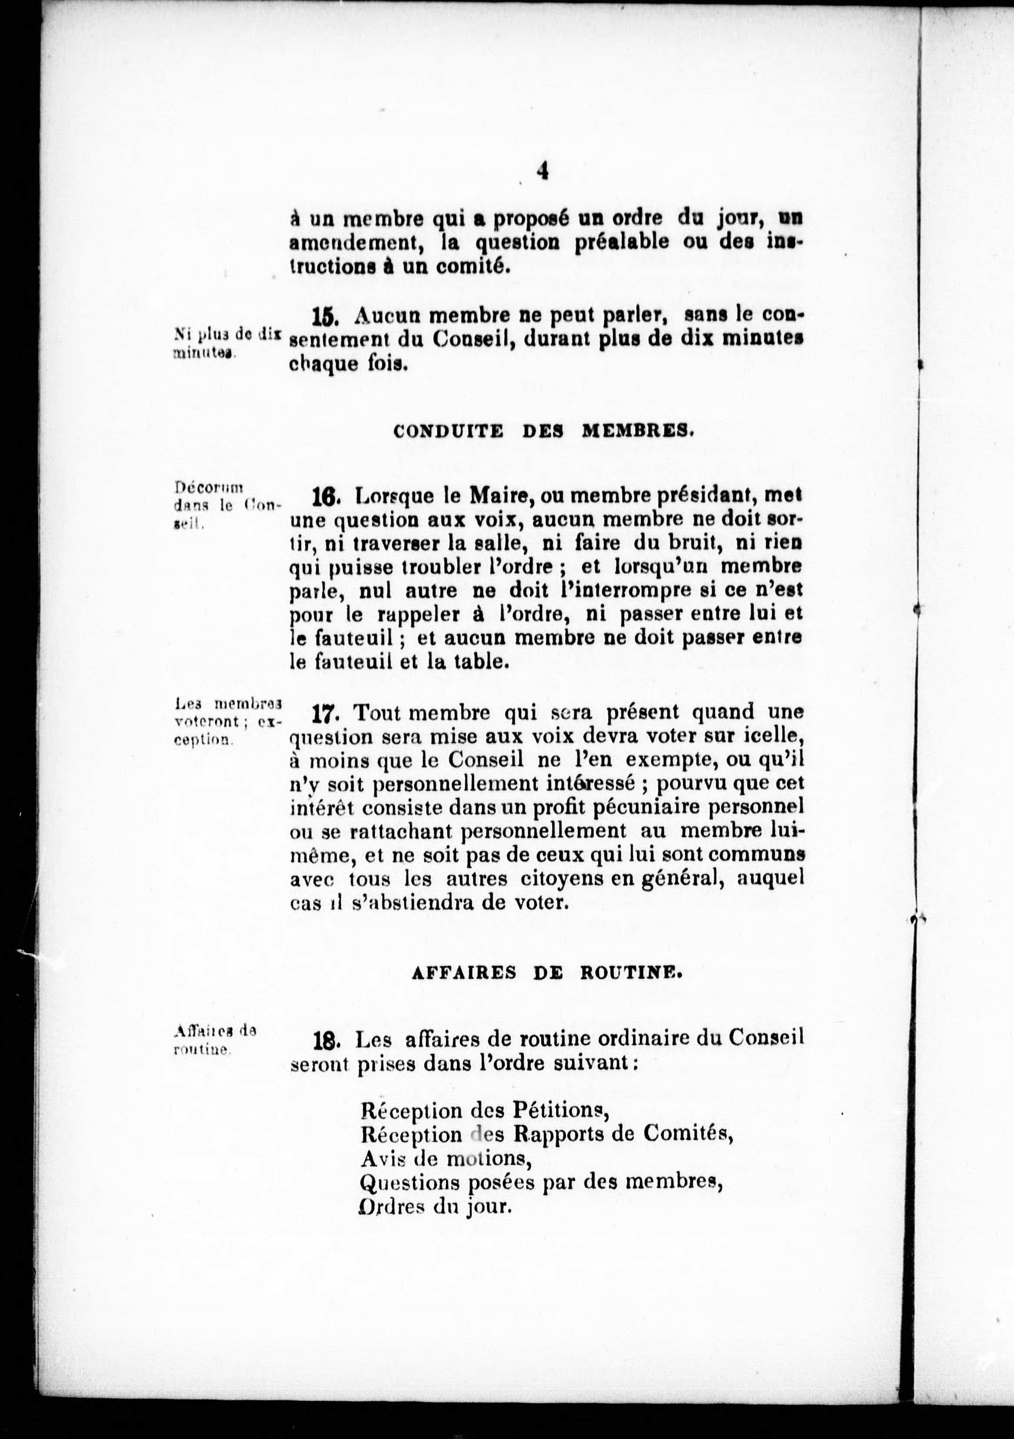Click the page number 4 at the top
[x=542, y=170]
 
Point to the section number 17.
[x=325, y=714]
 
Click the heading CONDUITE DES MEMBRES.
[x=543, y=431]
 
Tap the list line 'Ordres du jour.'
[x=436, y=1207]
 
